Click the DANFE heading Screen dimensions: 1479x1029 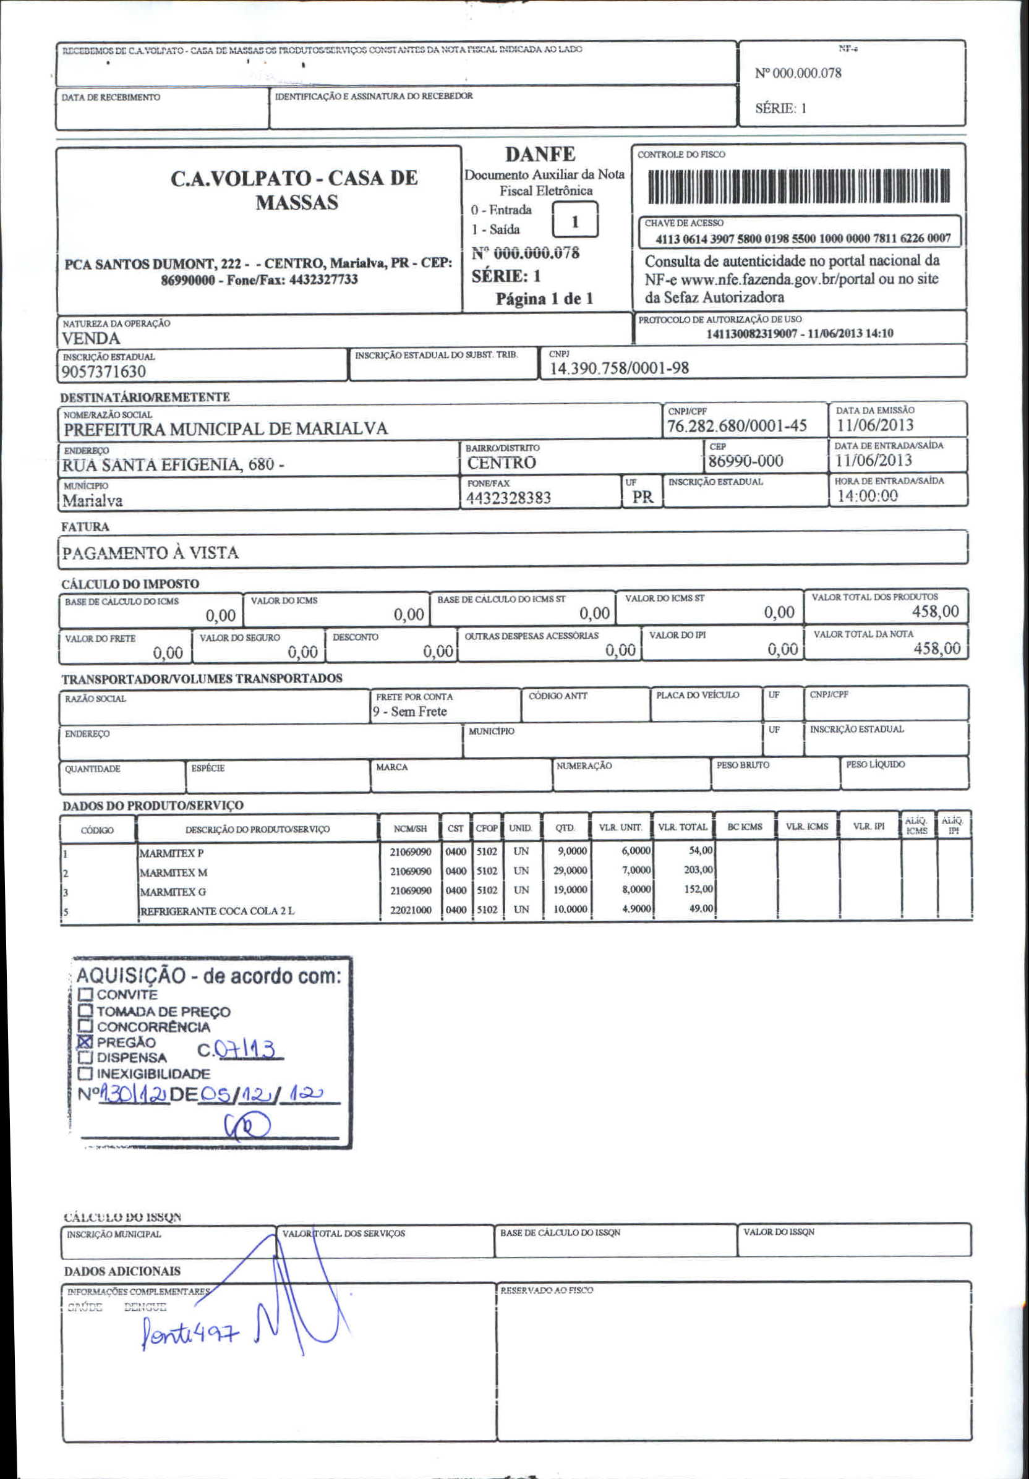(539, 155)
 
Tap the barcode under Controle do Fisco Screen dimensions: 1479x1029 (798, 187)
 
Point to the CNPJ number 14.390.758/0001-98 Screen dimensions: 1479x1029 (618, 369)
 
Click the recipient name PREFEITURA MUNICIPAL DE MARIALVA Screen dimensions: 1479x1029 (226, 429)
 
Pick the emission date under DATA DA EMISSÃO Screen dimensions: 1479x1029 (874, 425)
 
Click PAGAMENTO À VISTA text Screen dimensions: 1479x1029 (150, 553)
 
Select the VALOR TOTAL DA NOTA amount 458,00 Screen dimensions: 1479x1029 (936, 649)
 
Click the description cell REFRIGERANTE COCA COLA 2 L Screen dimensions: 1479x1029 (217, 911)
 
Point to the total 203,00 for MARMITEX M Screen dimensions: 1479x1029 (698, 870)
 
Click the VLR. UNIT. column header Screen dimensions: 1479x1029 (620, 828)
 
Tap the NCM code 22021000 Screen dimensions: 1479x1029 (411, 910)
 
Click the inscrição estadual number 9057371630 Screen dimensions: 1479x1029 (104, 372)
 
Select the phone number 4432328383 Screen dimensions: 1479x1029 (508, 498)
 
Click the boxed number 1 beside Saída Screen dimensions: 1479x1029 (574, 221)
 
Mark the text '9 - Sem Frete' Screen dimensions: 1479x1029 (410, 712)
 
